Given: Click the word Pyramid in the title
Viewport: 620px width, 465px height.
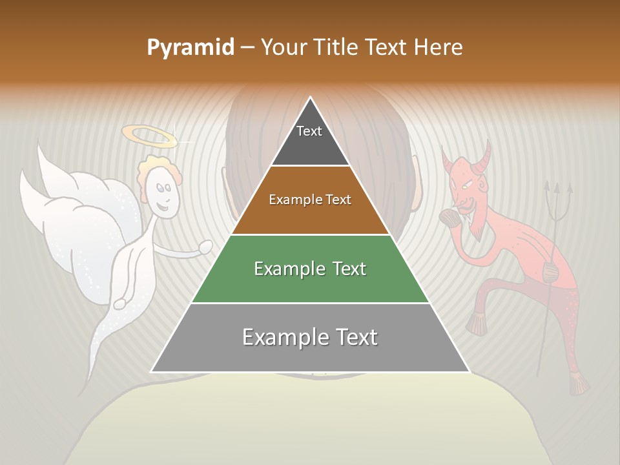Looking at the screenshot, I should pos(191,48).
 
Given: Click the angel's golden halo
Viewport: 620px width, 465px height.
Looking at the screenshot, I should pos(149,135).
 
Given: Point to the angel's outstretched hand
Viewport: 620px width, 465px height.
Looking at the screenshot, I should pos(206,245).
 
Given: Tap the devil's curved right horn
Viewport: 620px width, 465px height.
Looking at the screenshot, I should pos(484,155).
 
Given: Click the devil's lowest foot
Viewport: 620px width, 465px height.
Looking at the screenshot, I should pos(579,385).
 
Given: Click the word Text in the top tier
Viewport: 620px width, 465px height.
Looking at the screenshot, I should pos(309,131).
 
